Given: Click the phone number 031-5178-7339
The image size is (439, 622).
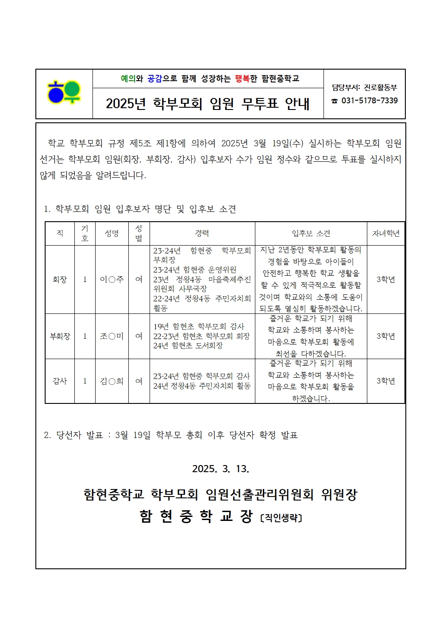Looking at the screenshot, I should click(x=369, y=101).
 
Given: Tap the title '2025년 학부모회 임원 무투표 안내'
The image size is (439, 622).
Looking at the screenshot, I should click(x=208, y=104).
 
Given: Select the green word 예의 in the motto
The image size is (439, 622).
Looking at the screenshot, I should click(x=128, y=79).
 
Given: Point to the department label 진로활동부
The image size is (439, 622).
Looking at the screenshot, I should click(x=380, y=88).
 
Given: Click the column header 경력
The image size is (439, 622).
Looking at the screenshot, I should click(x=202, y=233).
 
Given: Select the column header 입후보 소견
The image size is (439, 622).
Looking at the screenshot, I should click(x=311, y=233).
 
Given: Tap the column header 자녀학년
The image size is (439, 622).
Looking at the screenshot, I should click(x=385, y=233).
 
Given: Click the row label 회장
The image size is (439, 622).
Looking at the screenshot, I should click(x=60, y=279).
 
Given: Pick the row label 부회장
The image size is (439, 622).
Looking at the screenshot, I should click(x=60, y=336).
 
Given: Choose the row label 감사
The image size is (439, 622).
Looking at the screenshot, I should click(x=60, y=381).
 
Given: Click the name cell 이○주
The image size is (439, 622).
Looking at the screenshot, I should click(x=112, y=279).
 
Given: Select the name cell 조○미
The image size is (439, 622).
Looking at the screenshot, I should click(x=112, y=336).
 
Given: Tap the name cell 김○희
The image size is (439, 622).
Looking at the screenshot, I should click(x=112, y=381).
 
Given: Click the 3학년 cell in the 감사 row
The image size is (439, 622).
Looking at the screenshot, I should click(x=385, y=381).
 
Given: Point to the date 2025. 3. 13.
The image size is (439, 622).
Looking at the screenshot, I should click(x=220, y=469).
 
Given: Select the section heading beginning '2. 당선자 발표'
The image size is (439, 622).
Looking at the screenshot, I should click(x=170, y=435).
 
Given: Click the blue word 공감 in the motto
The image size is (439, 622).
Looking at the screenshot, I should click(x=154, y=79).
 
